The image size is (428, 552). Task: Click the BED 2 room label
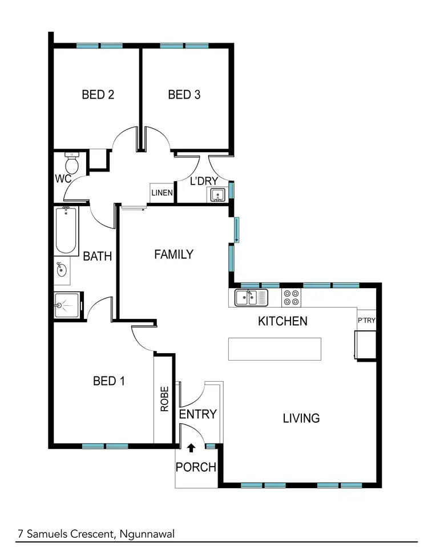98,95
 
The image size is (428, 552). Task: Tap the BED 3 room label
184,95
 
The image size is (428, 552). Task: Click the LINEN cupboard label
162,193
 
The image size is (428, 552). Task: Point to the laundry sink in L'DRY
217,196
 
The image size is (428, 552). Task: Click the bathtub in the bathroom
66,231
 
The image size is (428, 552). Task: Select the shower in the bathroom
68,306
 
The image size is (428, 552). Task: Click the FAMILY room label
173,255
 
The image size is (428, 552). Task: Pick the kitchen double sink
251,297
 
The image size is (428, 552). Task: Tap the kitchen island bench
274,349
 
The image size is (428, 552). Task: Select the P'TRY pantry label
366,320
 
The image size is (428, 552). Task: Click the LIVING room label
301,419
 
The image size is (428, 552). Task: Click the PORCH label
196,468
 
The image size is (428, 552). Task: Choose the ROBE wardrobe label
164,399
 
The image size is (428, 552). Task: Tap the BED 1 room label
108,381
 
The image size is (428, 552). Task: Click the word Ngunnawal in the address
147,534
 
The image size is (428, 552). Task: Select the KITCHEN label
282,321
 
